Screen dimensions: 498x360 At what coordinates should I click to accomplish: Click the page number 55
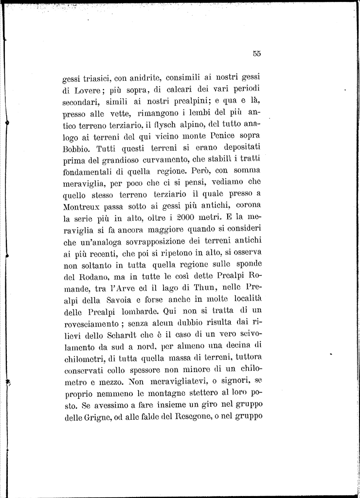tap(257, 54)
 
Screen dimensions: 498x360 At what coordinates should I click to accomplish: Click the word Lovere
tap(86, 90)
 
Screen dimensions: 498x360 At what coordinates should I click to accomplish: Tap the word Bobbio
tap(76, 148)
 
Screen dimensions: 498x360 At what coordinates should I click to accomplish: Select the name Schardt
tap(127, 335)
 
